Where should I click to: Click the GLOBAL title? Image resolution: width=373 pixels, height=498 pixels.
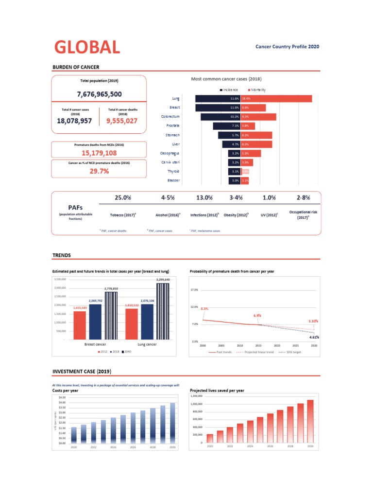pos(87,47)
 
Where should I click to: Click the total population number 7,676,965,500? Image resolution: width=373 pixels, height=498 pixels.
pos(99,94)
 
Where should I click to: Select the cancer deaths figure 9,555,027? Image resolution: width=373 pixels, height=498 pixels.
pos(122,121)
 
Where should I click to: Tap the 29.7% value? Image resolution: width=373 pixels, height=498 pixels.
pos(99,171)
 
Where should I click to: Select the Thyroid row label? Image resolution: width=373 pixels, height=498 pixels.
pos(173,171)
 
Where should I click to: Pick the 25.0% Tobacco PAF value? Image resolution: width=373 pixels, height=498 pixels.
pos(122,198)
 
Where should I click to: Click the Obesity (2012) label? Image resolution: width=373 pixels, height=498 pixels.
pos(236,214)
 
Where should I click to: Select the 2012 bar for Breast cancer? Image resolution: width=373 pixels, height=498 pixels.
pos(80,325)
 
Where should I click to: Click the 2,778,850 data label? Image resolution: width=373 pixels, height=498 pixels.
pos(111,288)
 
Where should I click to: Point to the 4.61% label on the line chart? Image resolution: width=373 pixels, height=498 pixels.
pos(314,337)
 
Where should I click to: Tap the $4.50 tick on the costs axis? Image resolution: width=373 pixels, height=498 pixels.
pos(62,397)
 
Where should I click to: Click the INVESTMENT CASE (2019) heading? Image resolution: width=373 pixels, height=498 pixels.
pos(82,372)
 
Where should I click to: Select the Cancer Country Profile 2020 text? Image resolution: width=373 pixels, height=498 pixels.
pos(288,47)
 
